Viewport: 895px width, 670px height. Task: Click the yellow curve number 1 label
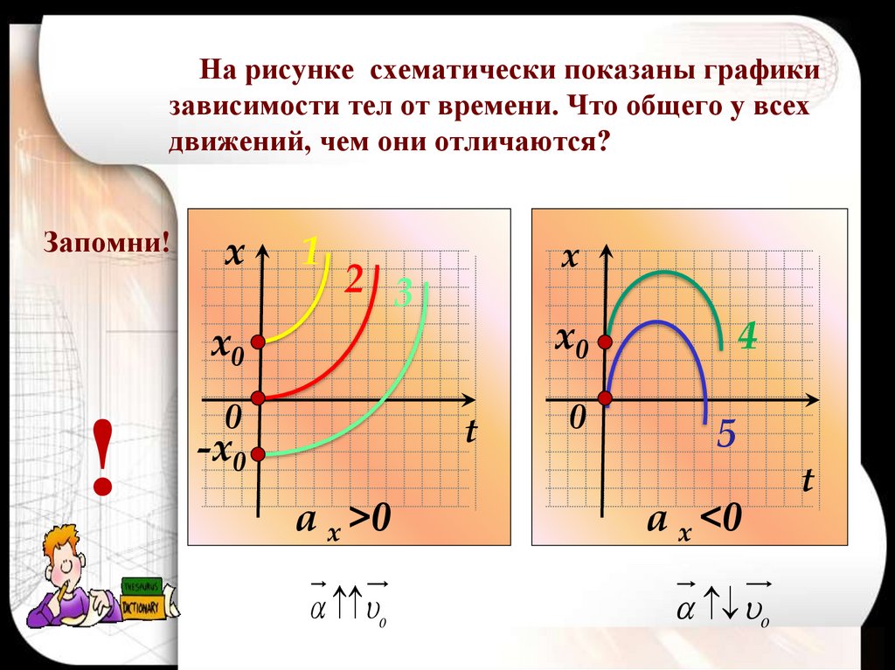tap(310, 251)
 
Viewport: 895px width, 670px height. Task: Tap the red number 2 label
tap(353, 280)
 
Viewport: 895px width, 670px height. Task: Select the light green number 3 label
tap(402, 294)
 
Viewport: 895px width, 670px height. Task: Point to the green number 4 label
tap(746, 336)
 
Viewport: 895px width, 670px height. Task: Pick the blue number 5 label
tap(725, 433)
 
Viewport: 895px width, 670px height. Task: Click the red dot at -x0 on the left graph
tap(258, 453)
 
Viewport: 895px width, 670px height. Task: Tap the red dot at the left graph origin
tap(258, 398)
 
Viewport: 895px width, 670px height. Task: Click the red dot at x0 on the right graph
tap(607, 340)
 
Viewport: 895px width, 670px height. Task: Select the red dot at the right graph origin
tap(607, 398)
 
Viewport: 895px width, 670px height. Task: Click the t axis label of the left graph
tap(471, 431)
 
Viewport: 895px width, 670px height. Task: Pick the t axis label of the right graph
tap(808, 480)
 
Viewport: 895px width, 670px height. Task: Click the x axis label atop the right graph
tap(571, 257)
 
